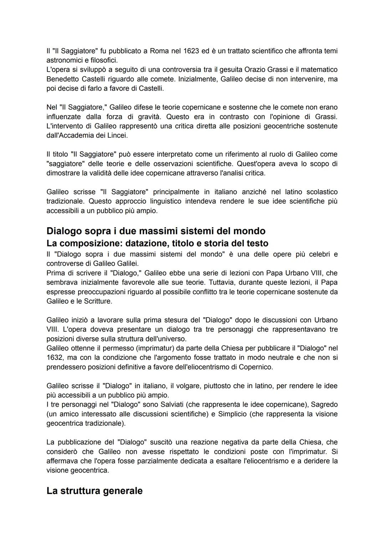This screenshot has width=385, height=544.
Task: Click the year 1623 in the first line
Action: coord(191,51)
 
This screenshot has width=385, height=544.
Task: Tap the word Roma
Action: coord(159,51)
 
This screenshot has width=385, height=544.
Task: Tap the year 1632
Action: coord(54,357)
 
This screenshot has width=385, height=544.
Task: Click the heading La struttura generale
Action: coord(94,491)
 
